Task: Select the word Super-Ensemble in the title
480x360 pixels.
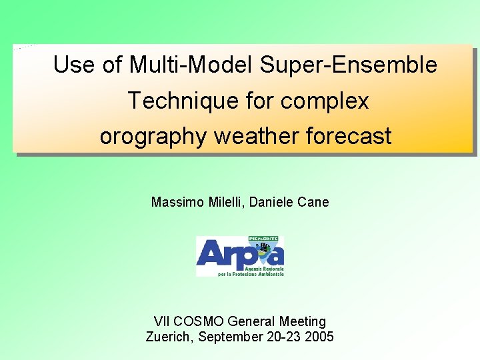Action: (349, 65)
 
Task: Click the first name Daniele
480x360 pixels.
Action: (275, 202)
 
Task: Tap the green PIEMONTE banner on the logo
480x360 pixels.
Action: (265, 239)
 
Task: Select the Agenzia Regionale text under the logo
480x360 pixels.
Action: (266, 268)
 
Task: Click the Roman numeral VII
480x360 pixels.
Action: (162, 322)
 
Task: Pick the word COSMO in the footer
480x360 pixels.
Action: (200, 322)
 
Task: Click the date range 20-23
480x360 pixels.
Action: (283, 337)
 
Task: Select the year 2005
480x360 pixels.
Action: (319, 337)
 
